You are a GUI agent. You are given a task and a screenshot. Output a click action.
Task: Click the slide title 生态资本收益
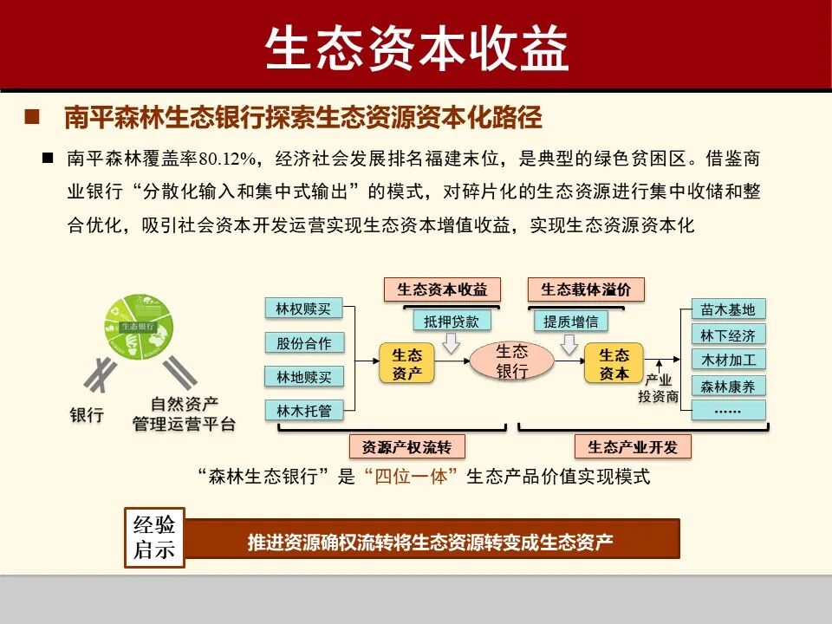point(416,47)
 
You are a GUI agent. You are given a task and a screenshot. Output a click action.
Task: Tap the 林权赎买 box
point(303,309)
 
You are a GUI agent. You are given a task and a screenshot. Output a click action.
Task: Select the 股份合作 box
point(303,343)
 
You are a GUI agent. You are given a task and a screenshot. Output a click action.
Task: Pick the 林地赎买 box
point(303,377)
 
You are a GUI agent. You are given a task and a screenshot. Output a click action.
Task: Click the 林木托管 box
point(303,411)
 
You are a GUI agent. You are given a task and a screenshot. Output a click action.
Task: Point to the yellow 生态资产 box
point(406,364)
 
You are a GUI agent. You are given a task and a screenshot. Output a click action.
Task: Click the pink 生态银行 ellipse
point(511,361)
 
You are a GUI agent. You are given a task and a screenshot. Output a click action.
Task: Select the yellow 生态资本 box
point(614,364)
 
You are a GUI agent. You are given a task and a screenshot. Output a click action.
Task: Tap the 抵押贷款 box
point(451,321)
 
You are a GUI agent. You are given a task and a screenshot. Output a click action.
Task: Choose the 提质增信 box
point(570,321)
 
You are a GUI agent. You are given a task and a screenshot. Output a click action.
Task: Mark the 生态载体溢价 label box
point(586,289)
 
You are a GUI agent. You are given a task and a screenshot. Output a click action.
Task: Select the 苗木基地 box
point(728,309)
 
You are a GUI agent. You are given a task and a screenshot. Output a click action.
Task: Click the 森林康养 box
point(728,386)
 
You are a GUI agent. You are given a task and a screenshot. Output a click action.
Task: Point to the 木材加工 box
point(728,360)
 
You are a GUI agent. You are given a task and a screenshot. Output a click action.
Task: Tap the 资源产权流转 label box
point(406,446)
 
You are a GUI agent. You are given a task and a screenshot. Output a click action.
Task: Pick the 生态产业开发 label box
point(633,446)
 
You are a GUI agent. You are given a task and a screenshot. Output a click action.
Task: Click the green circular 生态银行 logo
point(139,328)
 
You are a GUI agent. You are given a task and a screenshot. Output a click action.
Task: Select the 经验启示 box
point(154,537)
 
